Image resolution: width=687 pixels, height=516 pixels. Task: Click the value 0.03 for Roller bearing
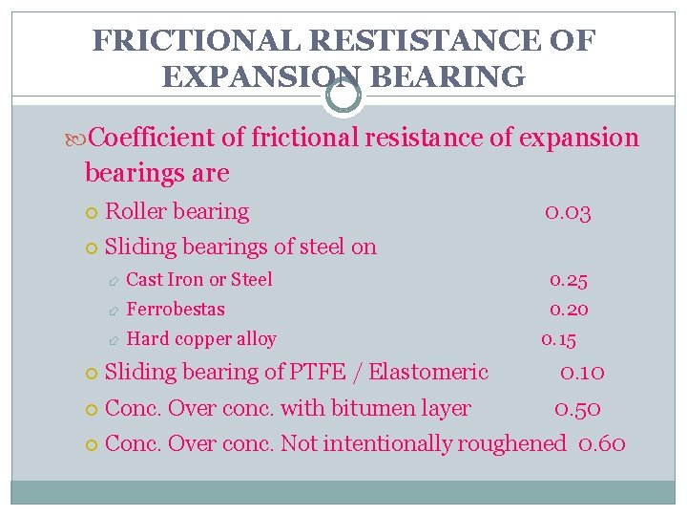click(x=568, y=212)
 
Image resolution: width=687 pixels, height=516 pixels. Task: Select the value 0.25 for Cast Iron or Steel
click(x=568, y=280)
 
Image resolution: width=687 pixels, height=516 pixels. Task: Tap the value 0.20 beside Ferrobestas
click(x=568, y=310)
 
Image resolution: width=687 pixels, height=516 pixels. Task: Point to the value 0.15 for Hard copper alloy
click(x=558, y=339)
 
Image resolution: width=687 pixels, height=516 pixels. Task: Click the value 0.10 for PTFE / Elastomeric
click(x=582, y=372)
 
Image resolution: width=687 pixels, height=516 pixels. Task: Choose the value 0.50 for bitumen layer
click(x=578, y=408)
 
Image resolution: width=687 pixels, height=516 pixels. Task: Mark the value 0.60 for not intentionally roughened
click(x=602, y=443)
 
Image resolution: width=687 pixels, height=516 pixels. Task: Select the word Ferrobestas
click(x=176, y=310)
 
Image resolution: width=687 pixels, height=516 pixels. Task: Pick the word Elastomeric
click(x=428, y=372)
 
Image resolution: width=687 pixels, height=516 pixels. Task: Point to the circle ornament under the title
click(x=343, y=96)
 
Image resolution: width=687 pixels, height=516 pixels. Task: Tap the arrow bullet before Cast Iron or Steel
click(x=113, y=281)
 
